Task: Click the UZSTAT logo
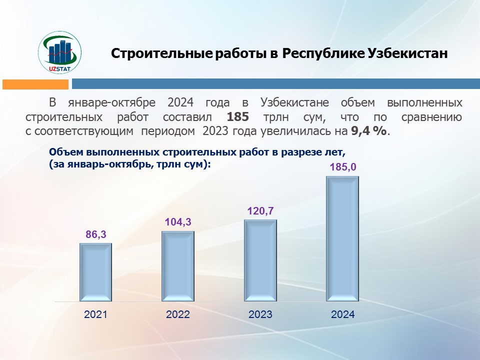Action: coord(60,53)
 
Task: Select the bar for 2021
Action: coord(95,272)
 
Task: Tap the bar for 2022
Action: coord(178,266)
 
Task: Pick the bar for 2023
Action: coord(260,261)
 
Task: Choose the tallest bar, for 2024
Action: coord(342,239)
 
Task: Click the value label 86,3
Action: coord(96,234)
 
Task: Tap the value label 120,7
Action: coord(260,211)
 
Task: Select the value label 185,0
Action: coord(343,167)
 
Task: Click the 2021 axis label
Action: coord(95,314)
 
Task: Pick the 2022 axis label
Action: coord(178,314)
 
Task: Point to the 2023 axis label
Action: coord(260,314)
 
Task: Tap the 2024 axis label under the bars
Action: coord(343,314)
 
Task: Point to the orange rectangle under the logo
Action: coord(35,84)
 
